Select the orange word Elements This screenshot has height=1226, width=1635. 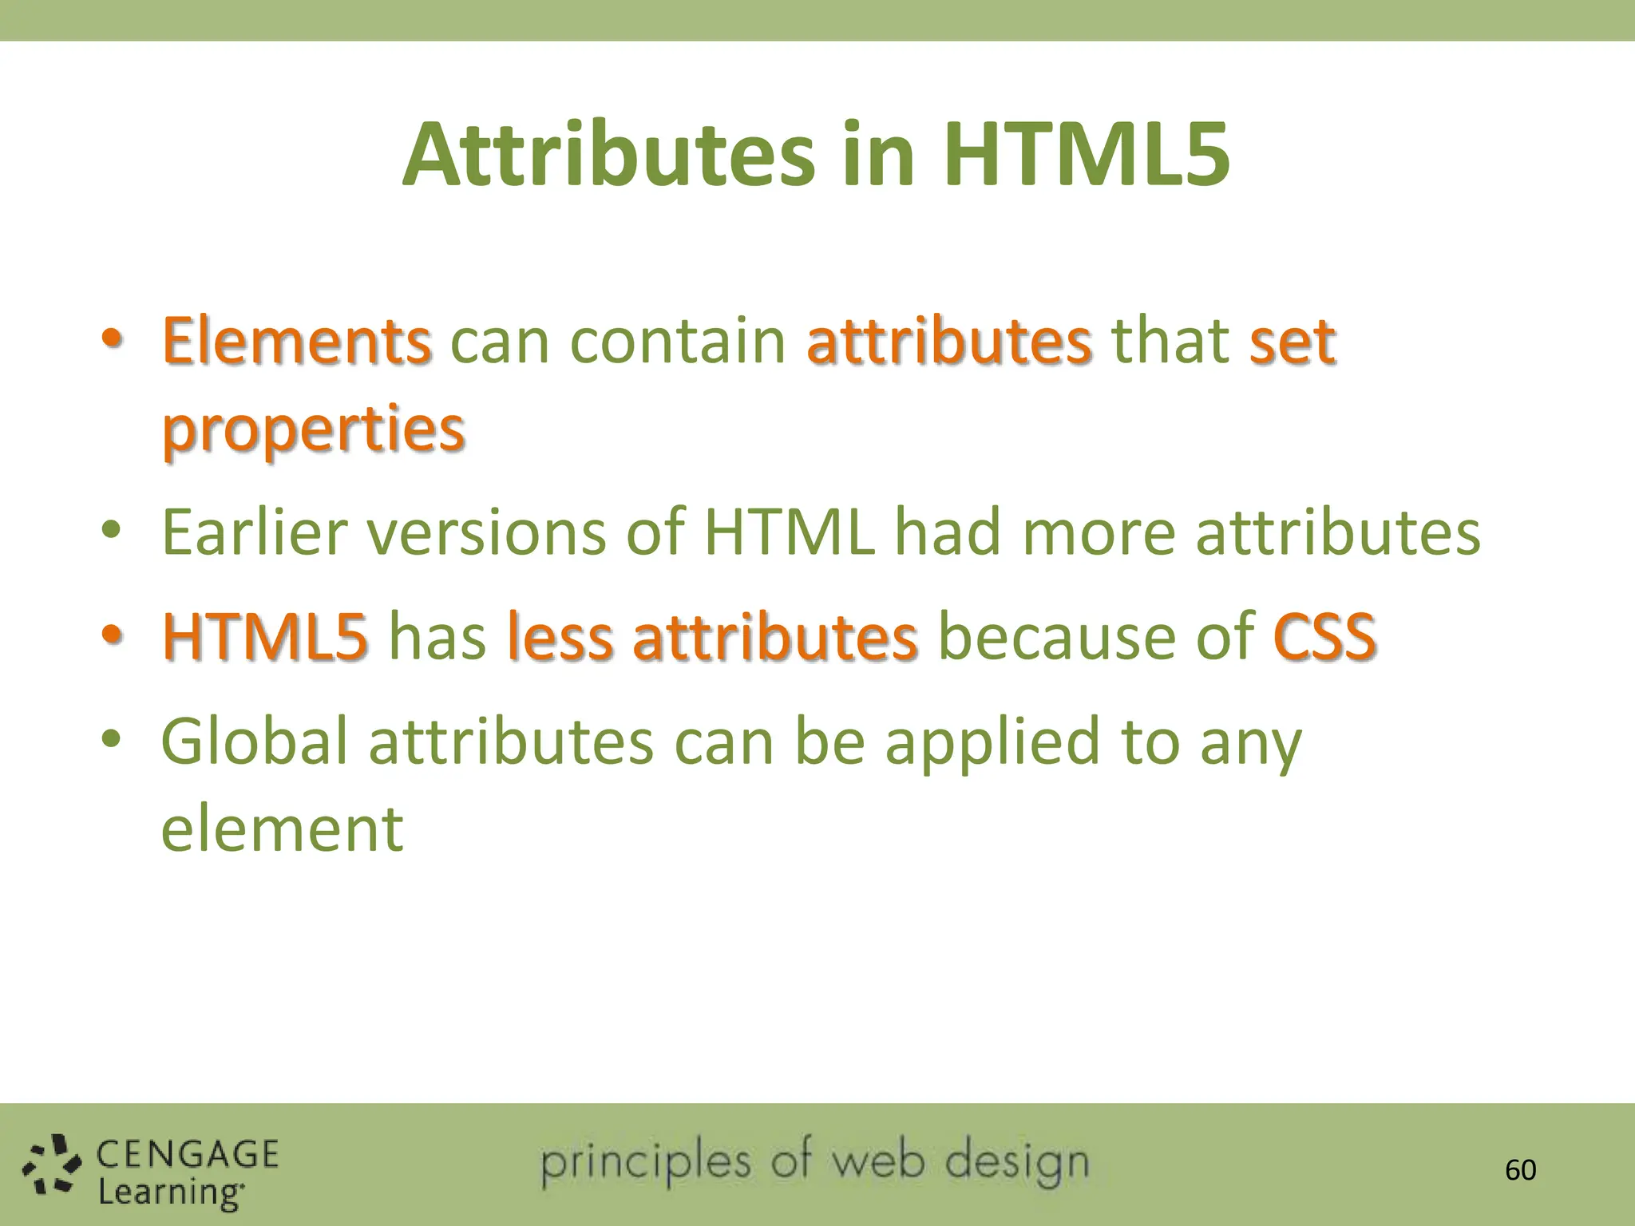coord(297,342)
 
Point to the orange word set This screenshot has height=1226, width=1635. coord(1293,342)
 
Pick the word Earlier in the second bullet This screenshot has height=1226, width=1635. coord(254,532)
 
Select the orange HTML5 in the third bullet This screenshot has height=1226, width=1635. coord(265,637)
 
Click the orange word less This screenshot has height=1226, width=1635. coord(560,637)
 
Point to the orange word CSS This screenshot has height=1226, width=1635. coord(1324,637)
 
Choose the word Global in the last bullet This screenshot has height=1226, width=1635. coord(254,742)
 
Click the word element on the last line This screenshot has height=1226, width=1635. coord(282,829)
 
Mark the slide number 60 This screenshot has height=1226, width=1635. coord(1520,1170)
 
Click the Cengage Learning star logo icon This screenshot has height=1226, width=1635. coord(52,1166)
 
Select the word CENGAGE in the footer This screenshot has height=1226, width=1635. coord(188,1155)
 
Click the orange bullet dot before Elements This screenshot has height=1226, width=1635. coord(112,339)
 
